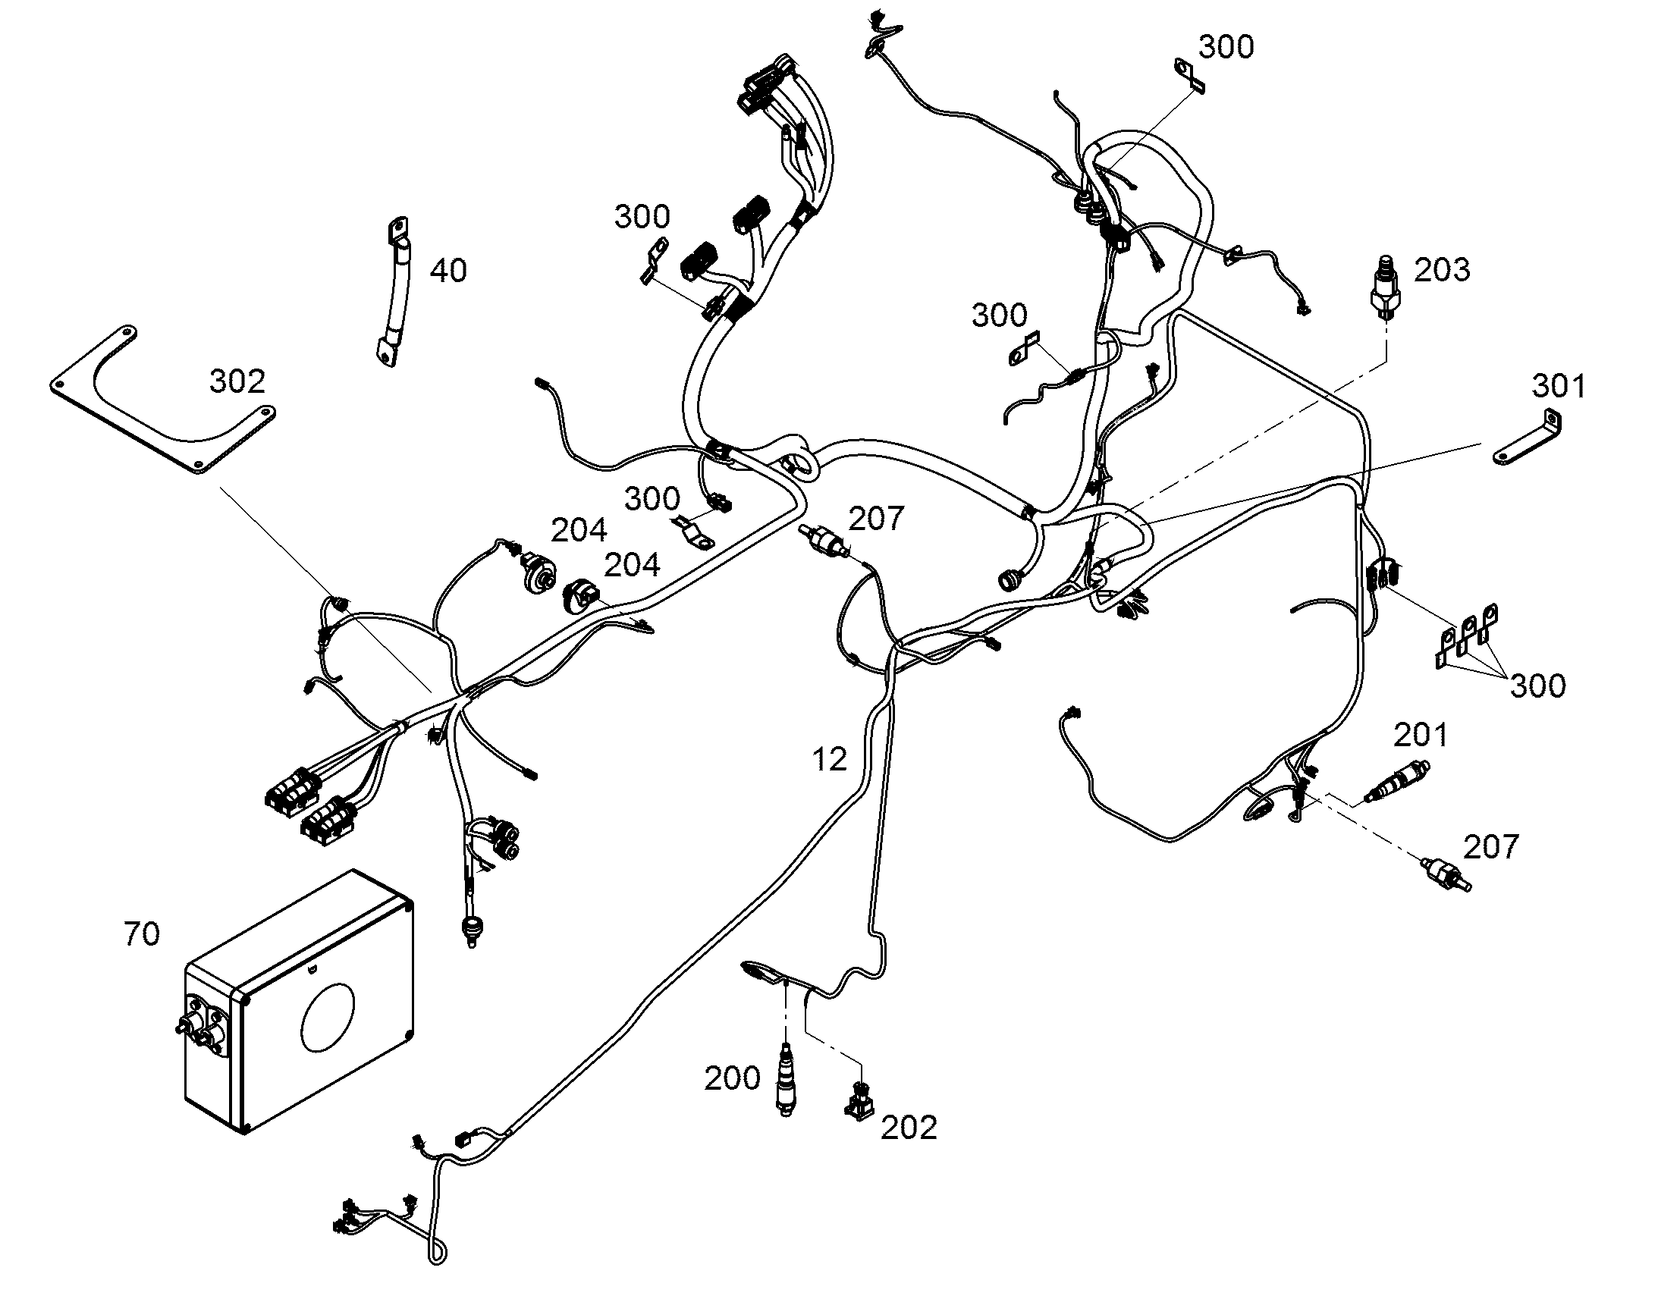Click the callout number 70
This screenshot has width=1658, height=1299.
[142, 934]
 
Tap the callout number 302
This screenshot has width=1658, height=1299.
[237, 381]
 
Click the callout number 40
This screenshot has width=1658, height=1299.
[448, 271]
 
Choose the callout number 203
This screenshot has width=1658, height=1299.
[1442, 270]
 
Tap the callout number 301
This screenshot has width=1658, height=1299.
[1559, 387]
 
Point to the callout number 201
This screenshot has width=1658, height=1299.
[1421, 735]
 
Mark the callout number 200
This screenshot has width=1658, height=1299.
[732, 1078]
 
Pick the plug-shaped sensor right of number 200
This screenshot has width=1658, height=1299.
[786, 1080]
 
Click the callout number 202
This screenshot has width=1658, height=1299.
[909, 1128]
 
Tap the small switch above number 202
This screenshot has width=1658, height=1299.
[859, 1100]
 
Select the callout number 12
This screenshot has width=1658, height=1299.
[829, 759]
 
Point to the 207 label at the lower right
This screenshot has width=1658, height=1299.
[1490, 846]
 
